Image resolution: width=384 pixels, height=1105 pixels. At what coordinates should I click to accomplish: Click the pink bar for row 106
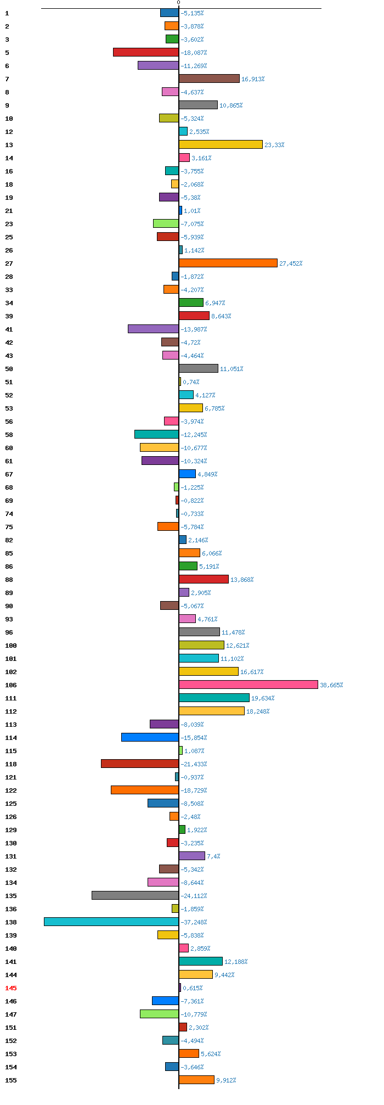249,685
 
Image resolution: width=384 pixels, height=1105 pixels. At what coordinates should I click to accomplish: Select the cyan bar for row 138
111,922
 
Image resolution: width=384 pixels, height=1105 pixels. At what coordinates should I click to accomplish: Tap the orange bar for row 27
228,263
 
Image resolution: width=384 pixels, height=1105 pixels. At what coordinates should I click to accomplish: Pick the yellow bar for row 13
221,144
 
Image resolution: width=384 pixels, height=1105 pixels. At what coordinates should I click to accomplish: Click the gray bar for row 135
135,895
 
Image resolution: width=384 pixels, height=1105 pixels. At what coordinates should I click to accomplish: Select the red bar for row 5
146,52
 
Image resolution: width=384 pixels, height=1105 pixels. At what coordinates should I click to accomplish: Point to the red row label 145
11,988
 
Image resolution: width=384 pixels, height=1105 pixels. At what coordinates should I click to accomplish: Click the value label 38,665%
331,685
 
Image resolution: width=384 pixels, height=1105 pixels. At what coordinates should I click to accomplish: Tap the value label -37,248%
194,922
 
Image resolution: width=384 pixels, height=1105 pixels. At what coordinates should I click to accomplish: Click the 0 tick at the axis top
178,3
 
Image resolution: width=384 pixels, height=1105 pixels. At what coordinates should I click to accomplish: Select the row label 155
11,1080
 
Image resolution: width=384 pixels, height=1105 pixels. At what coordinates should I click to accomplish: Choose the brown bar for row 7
209,78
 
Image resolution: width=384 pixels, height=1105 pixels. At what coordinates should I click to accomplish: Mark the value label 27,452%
291,263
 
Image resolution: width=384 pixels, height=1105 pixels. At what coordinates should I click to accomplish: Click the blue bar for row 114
150,737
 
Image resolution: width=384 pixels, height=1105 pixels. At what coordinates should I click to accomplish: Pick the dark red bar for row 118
140,764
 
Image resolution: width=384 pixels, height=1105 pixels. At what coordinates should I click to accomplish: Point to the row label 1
7,13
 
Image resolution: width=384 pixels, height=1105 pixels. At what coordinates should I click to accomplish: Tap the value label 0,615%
193,988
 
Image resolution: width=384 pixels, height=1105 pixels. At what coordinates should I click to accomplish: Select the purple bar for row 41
153,329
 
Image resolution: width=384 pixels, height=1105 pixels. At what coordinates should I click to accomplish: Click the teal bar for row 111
214,698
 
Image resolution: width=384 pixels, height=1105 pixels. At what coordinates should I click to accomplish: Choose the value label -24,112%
194,896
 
